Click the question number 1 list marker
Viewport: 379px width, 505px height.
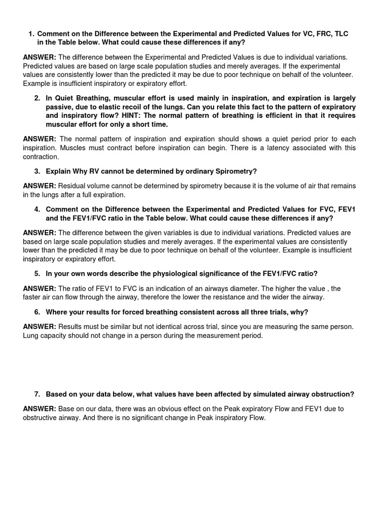31,34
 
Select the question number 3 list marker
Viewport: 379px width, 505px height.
37,171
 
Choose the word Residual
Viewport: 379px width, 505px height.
73,185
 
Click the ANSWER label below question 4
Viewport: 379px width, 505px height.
39,232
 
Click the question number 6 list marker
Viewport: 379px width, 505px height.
37,312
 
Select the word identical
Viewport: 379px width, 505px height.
195,326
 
